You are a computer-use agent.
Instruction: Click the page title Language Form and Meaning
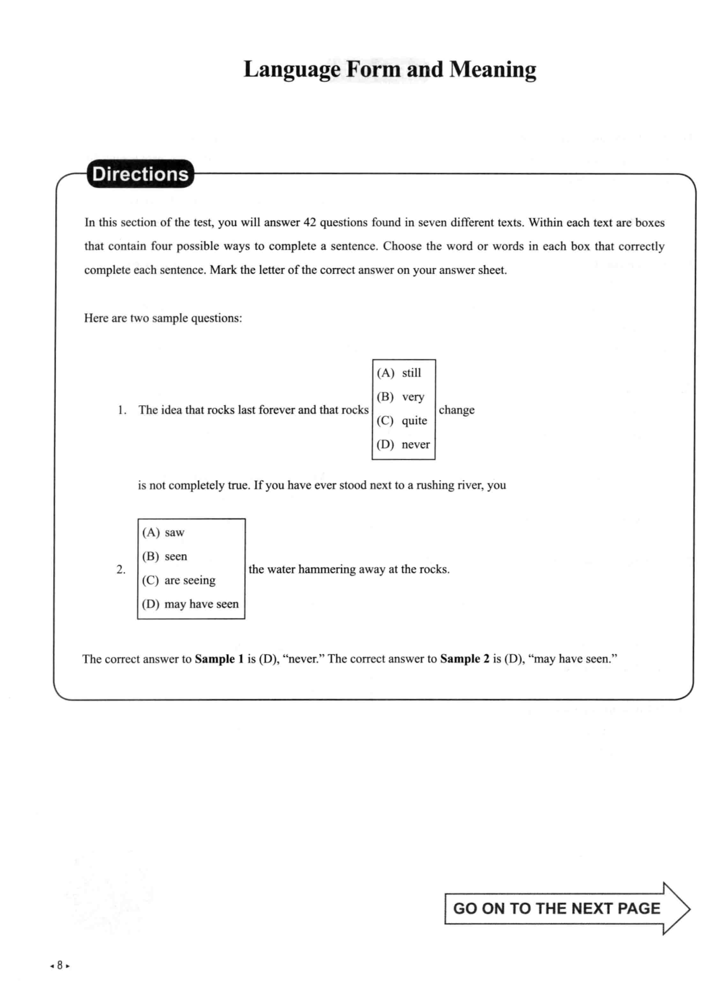[390, 69]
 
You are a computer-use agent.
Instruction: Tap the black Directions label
[140, 174]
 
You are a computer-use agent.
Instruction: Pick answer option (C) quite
[402, 421]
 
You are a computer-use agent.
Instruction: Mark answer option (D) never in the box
[403, 444]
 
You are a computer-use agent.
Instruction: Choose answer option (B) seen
[165, 557]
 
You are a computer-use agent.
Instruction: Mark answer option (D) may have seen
[191, 605]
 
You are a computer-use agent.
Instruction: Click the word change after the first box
[456, 410]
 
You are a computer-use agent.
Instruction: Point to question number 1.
[122, 410]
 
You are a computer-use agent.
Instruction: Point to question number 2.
[121, 570]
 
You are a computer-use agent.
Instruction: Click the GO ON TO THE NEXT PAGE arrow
[567, 909]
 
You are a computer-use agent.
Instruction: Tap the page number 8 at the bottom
[60, 965]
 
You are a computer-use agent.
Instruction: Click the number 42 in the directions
[310, 223]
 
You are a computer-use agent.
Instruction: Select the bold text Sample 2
[464, 659]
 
